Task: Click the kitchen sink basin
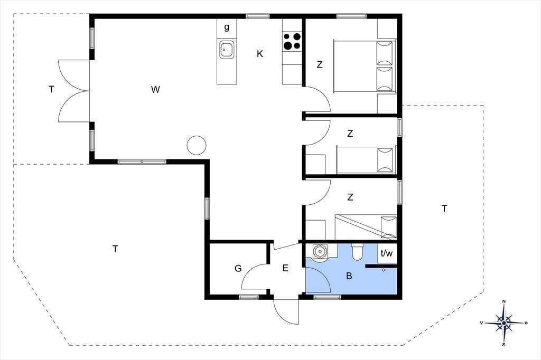(x=226, y=50)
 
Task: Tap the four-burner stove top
(x=292, y=41)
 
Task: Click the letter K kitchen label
(x=260, y=54)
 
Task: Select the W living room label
(x=156, y=90)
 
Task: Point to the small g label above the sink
(x=227, y=27)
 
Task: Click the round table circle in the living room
(x=197, y=145)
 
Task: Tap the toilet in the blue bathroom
(x=357, y=252)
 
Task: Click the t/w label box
(x=387, y=253)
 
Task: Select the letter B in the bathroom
(x=349, y=276)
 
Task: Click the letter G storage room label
(x=238, y=268)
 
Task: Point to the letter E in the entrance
(x=285, y=268)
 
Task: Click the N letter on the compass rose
(x=503, y=302)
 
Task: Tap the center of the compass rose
(x=504, y=323)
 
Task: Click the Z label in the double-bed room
(x=320, y=64)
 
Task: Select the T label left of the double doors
(x=51, y=90)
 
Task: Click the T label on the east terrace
(x=444, y=209)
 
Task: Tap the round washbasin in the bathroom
(x=319, y=251)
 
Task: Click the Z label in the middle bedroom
(x=350, y=134)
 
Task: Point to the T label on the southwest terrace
(x=115, y=249)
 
